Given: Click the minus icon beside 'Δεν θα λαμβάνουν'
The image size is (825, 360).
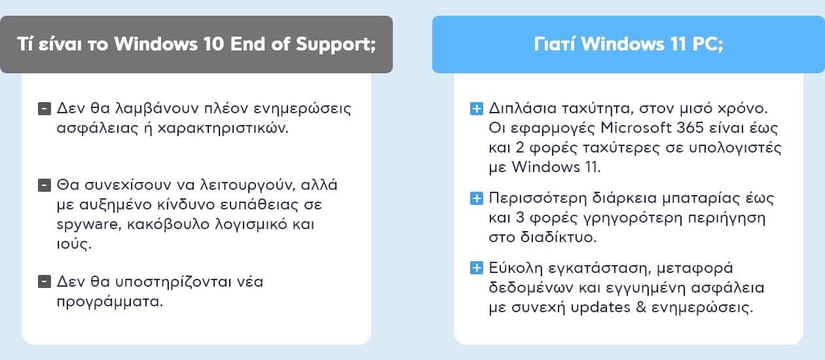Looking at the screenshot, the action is (45, 109).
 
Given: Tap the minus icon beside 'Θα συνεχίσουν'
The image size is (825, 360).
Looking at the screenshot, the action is (45, 185).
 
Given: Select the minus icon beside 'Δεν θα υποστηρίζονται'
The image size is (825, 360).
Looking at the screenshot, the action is (45, 282).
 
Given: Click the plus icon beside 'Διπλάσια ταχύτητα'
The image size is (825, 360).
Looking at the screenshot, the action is (477, 109).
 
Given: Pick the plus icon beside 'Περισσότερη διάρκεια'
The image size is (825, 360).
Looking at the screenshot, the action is (477, 198).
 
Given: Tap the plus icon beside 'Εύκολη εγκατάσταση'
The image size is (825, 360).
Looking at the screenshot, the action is (477, 268).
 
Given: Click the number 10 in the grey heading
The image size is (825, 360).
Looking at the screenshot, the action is (213, 44).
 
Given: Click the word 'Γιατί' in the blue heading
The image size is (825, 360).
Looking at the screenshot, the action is (555, 44).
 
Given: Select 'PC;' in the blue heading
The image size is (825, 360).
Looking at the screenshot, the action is (708, 45).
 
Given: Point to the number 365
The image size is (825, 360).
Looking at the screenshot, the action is (690, 128).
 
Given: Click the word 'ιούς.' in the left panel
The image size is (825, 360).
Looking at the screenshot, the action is (74, 243).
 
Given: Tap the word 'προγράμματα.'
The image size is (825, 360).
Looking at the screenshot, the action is (110, 302).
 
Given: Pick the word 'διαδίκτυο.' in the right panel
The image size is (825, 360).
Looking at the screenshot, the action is (559, 237).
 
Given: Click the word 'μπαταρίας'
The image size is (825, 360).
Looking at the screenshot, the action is (701, 199).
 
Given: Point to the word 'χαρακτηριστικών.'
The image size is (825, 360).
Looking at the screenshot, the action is (223, 128).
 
